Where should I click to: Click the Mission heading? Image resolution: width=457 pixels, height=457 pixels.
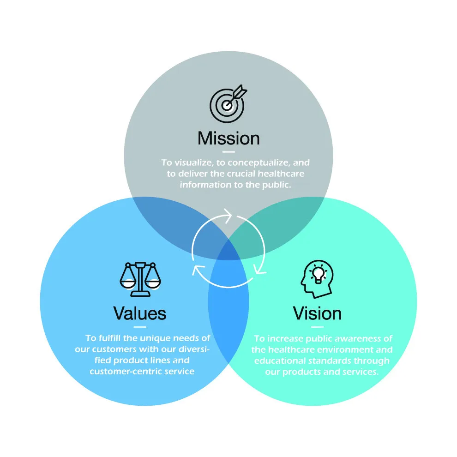pyautogui.click(x=228, y=138)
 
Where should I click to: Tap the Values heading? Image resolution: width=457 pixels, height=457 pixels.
pyautogui.click(x=140, y=313)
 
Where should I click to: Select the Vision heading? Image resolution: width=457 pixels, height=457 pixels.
pyautogui.click(x=317, y=313)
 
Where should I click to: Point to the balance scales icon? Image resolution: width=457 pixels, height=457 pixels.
pyautogui.click(x=139, y=278)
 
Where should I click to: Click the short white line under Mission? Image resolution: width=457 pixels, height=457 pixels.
pyautogui.click(x=228, y=151)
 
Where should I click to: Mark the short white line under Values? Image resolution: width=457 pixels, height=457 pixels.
pyautogui.click(x=139, y=327)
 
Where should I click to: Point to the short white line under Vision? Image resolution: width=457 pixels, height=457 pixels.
pyautogui.click(x=317, y=327)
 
